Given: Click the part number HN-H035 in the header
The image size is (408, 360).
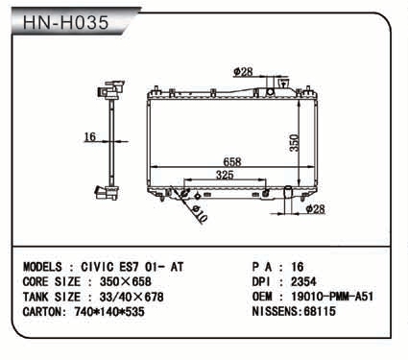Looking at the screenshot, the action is coord(66,22).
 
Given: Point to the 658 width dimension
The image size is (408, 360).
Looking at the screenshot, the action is coord(232,161).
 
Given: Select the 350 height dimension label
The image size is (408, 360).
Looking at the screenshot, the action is coord(294,143).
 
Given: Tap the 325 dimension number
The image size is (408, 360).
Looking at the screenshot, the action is coord(225,175).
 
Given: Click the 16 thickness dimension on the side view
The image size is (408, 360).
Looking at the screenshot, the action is coord(89,137).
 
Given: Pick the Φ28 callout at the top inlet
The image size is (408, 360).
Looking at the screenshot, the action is coord(243,72).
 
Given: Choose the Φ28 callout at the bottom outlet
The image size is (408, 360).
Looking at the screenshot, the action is coord(315,209).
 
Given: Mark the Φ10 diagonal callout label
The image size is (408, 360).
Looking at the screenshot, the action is coord(200,214).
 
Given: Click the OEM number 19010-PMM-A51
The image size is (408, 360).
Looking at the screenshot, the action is coord(332,297).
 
